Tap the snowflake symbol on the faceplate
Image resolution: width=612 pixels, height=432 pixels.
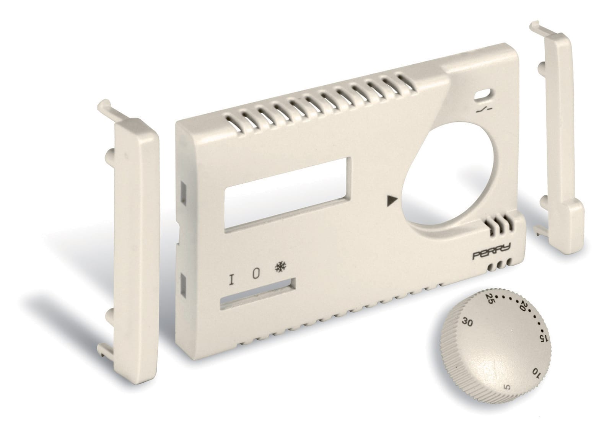pos(280,267)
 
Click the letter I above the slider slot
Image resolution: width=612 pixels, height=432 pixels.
pos(231,280)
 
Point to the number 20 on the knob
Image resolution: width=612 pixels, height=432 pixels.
pos(522,306)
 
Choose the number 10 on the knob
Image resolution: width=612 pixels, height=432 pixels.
pos(536,373)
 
